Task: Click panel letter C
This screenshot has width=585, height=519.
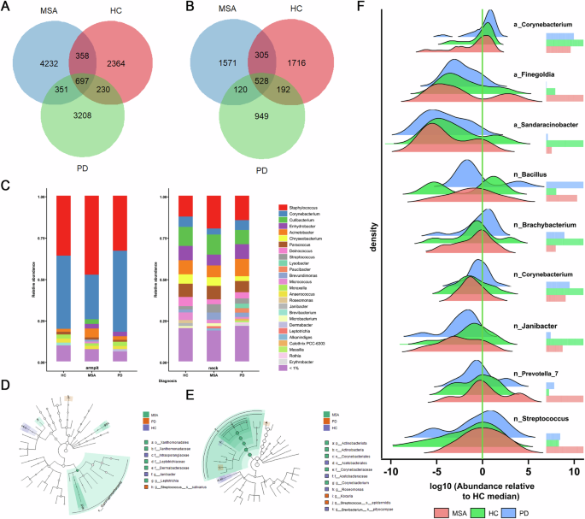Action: click(x=8, y=184)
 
